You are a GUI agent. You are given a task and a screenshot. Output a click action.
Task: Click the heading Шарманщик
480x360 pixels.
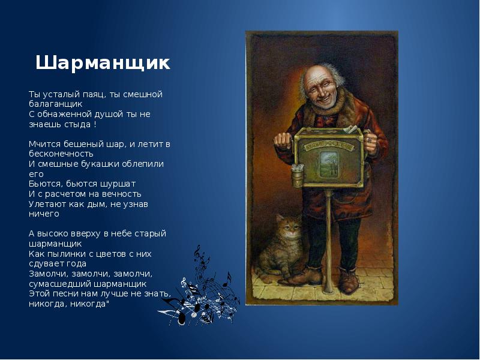point(103,63)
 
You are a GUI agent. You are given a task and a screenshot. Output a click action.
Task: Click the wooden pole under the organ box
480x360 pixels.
point(329,240)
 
